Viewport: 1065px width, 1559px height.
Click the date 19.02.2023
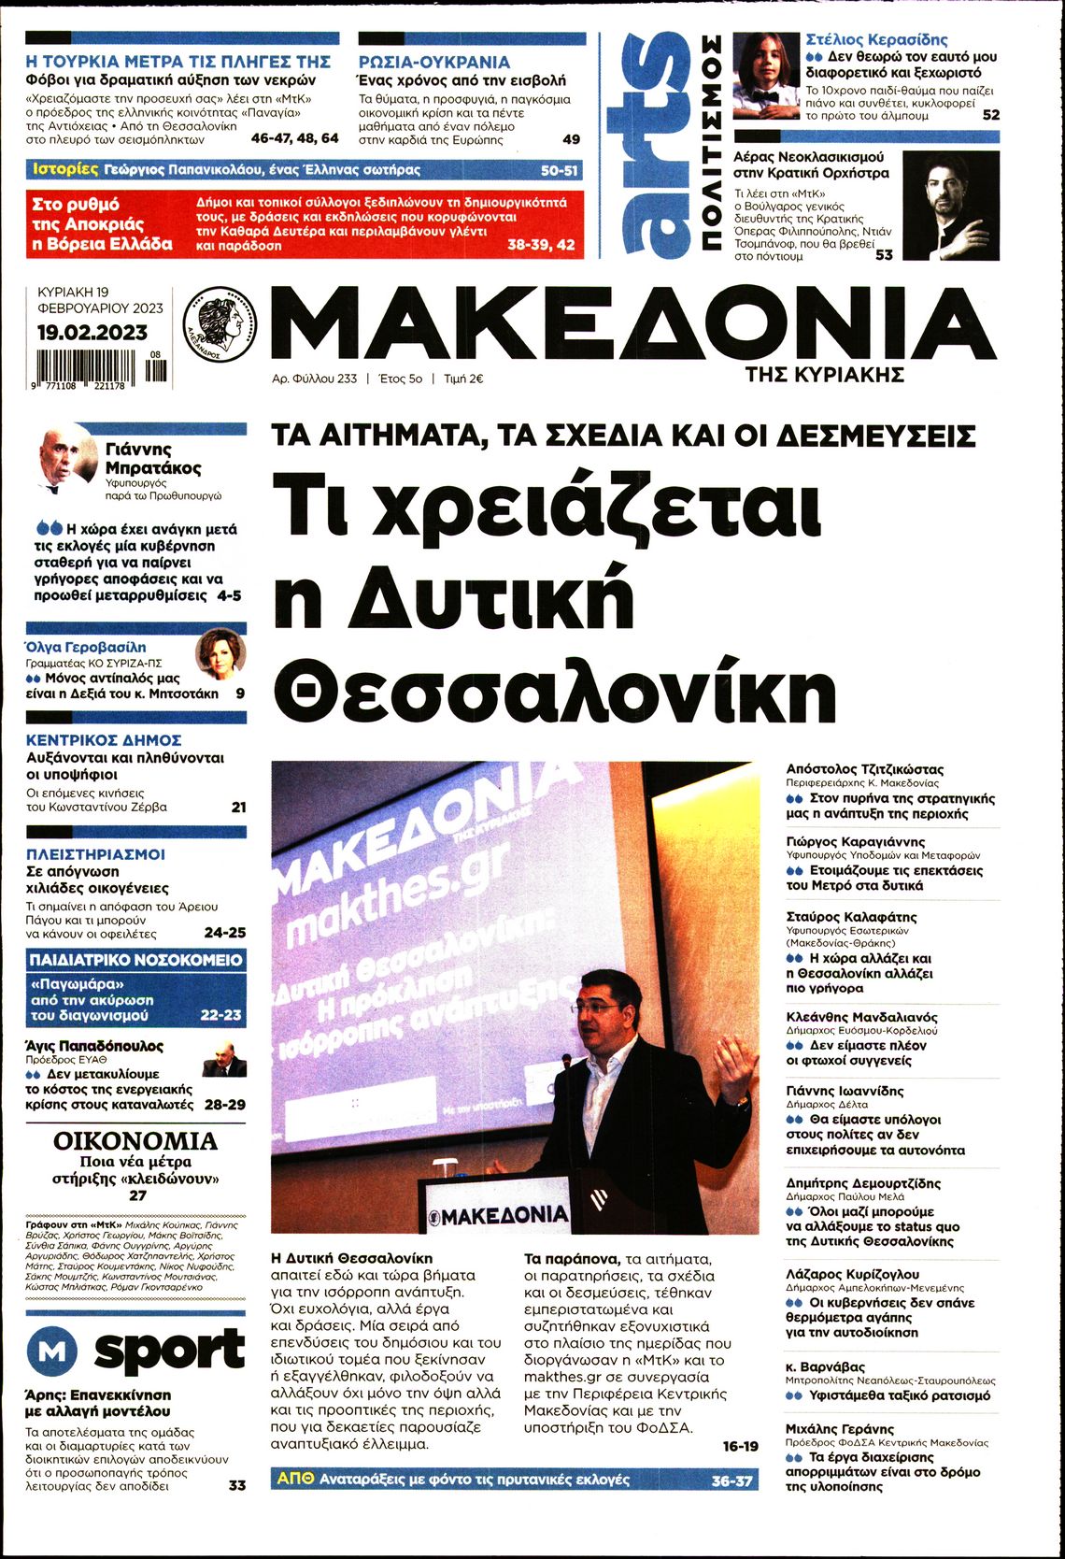[x=92, y=332]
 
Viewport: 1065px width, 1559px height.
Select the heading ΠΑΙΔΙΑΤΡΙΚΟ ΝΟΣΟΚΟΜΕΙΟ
[x=135, y=960]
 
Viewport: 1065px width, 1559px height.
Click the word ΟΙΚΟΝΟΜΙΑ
[x=135, y=1140]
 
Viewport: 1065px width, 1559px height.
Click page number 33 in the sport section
[x=237, y=1484]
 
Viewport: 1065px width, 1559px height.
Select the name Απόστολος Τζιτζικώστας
[x=865, y=769]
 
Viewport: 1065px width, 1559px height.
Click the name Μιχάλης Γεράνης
[x=840, y=1429]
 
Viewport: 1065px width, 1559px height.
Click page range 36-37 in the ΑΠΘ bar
[x=731, y=1480]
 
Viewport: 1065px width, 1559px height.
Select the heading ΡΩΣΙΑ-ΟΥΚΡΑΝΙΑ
[x=434, y=62]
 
